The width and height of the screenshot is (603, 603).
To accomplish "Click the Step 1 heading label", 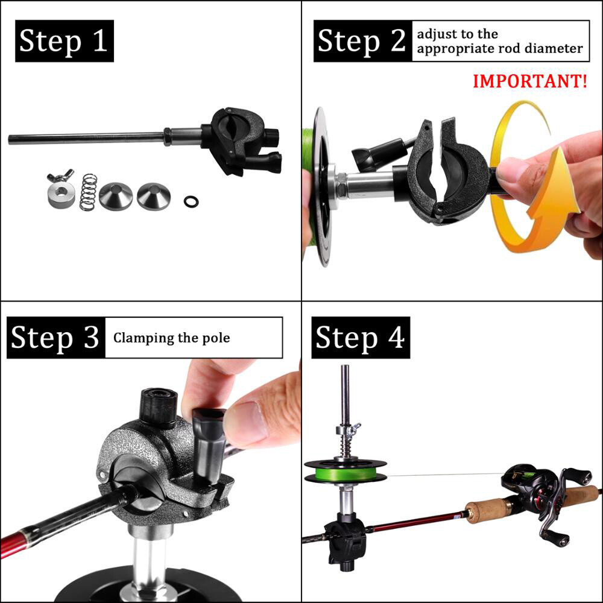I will point(64,42).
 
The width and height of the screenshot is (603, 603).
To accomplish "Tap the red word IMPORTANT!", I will point(529,81).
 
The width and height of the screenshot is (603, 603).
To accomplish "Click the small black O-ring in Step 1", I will point(191,200).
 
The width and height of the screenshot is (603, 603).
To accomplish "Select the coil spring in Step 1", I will point(89,192).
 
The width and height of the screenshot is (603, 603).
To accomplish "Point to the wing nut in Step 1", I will point(60,176).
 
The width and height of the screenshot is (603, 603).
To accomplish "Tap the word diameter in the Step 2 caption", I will point(555,49).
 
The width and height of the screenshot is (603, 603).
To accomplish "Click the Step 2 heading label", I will point(361,41).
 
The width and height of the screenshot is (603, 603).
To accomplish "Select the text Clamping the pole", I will point(172,338).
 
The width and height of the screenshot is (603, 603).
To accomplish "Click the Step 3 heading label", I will point(55,338).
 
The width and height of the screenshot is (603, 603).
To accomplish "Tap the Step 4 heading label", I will point(360,338).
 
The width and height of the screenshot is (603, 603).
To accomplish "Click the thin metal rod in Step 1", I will point(84,138).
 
